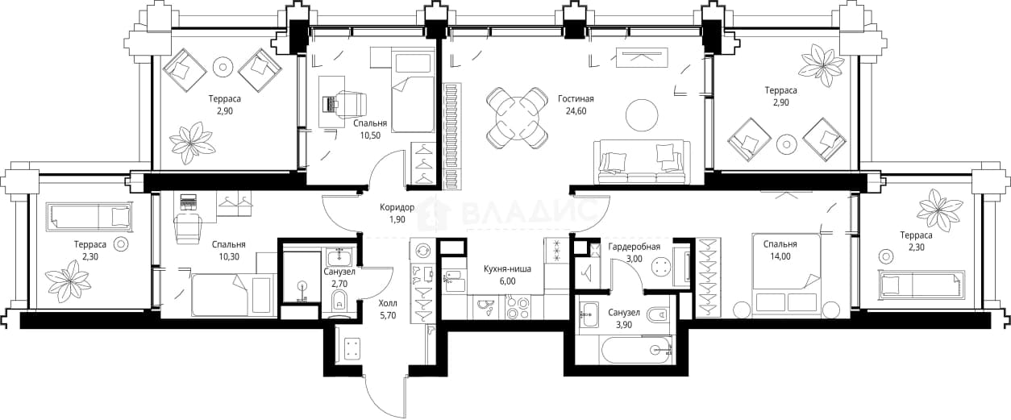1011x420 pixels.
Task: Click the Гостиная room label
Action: pos(576,99)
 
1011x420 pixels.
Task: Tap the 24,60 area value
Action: pos(576,111)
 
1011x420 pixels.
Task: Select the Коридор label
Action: pos(397,207)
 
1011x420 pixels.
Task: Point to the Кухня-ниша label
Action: pos(507,269)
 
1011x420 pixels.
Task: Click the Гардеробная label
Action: pos(634,247)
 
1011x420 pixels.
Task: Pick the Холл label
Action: pos(388,303)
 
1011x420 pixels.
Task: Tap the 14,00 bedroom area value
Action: pos(780,256)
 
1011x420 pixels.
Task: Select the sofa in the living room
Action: pos(642,162)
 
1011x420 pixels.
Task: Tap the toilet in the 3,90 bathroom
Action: pos(658,315)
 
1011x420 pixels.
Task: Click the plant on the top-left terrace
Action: pos(192,142)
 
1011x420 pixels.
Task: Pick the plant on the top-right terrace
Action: pos(821,65)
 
